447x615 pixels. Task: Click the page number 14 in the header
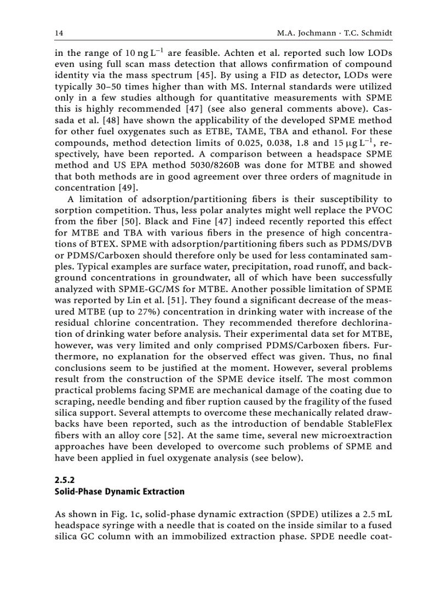tap(59, 34)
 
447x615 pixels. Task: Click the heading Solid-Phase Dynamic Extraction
tap(119, 491)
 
